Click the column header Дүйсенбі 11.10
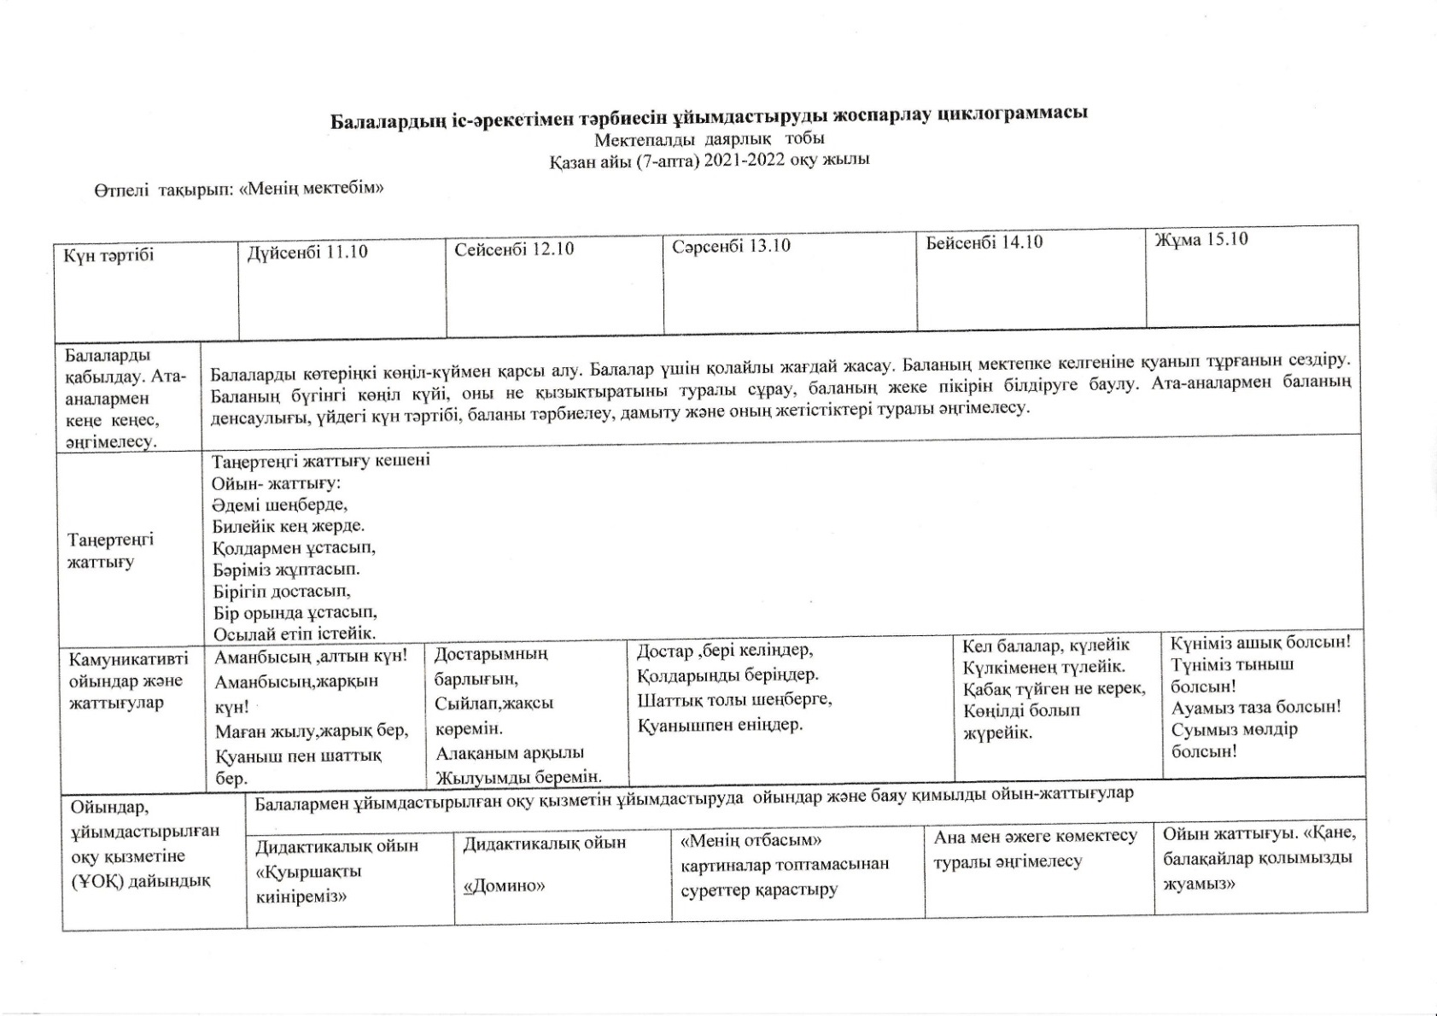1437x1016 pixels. coord(307,252)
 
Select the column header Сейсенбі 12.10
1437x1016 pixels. coord(514,250)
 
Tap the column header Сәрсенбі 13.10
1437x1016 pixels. coord(731,247)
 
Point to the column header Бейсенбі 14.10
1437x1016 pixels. coord(984,242)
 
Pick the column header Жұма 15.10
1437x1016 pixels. coord(1201,240)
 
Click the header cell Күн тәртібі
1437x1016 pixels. coord(108,255)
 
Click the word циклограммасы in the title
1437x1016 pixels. coord(1013,114)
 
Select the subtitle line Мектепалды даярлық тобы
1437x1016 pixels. coord(709,139)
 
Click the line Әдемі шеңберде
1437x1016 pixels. coord(280,504)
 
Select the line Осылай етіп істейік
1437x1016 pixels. coord(295,634)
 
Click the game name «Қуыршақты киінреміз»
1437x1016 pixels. coord(309,884)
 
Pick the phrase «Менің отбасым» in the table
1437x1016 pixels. coord(751,841)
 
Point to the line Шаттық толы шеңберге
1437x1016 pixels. coord(734,700)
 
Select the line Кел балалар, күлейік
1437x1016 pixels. coord(1046,645)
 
